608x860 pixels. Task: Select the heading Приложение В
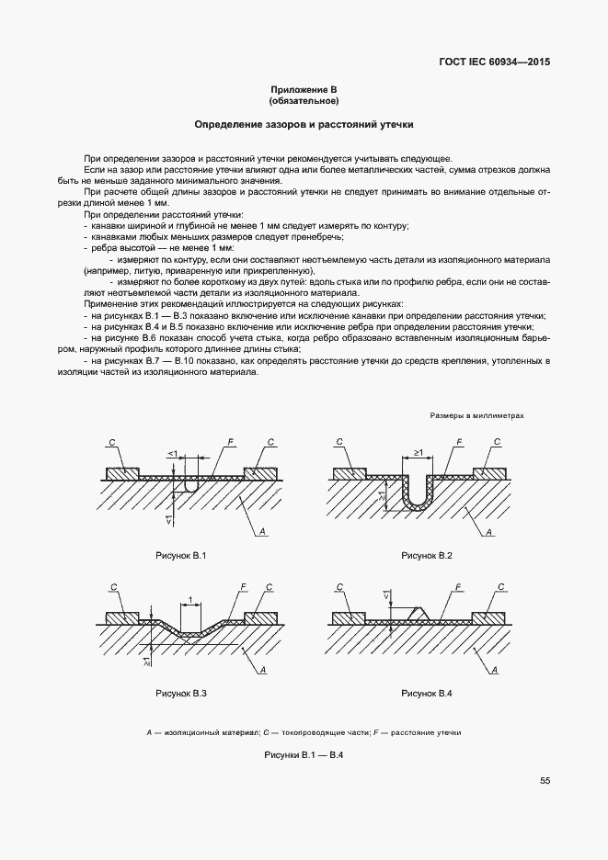tap(304, 89)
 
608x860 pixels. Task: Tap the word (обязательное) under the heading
tap(304, 100)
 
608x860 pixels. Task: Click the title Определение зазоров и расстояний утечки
tap(304, 123)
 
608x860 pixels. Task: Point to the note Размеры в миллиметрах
tap(476, 415)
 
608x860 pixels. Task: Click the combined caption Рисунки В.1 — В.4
tap(304, 755)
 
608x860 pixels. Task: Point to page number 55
tap(545, 781)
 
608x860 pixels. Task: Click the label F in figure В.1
tap(229, 442)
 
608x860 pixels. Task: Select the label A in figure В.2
tap(489, 532)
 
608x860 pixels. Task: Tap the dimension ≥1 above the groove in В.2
tap(418, 453)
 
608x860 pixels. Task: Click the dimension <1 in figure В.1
tap(172, 454)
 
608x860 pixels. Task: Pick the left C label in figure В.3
tap(112, 587)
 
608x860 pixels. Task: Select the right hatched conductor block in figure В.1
tap(260, 472)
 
